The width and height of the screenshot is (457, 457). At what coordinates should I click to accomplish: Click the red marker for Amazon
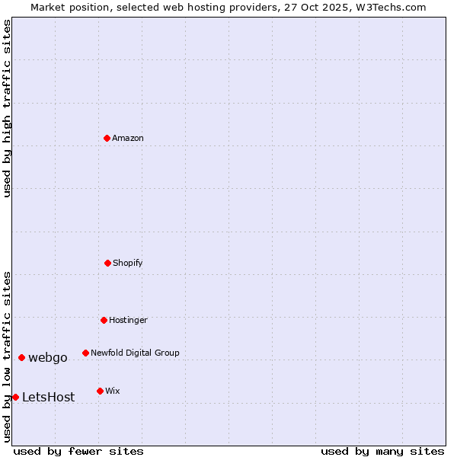pos(107,138)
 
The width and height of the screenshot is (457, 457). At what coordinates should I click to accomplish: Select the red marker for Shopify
pos(107,263)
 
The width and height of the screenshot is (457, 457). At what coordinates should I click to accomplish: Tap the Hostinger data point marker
pos(104,320)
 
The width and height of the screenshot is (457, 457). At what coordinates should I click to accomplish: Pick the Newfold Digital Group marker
pos(85,353)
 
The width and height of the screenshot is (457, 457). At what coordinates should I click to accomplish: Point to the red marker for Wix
pos(100,391)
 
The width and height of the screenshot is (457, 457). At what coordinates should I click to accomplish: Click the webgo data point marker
pos(21,357)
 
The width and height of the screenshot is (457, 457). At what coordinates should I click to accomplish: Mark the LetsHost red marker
pos(15,397)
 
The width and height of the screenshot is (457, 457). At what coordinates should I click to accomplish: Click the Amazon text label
pos(128,138)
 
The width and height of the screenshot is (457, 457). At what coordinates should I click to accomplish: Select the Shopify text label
pos(128,263)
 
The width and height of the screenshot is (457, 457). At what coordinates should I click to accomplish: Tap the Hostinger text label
pos(128,320)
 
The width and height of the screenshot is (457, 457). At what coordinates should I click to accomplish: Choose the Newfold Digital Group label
pos(135,353)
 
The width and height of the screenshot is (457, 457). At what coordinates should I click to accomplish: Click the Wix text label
pos(113,391)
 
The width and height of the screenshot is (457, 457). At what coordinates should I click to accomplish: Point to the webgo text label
pos(48,357)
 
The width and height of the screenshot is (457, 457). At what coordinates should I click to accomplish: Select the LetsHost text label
pos(48,397)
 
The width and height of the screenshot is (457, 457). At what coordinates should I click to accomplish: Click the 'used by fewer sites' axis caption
pos(78,451)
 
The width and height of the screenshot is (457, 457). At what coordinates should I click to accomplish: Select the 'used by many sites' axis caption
pos(382,451)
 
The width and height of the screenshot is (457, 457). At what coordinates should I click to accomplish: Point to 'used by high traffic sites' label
pos(7,108)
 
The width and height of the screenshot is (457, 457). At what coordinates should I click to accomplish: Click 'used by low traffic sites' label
pos(7,356)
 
